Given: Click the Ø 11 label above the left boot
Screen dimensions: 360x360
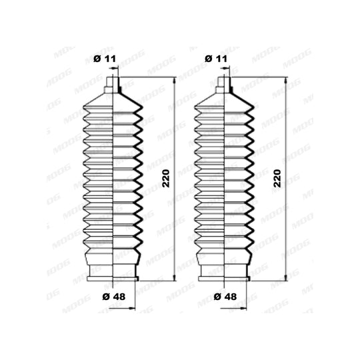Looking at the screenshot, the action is [105, 59].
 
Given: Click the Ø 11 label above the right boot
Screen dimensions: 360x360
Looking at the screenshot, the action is [216, 59].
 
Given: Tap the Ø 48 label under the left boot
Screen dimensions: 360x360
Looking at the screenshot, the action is [114, 297].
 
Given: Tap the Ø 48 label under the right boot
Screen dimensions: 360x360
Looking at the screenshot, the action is [225, 297].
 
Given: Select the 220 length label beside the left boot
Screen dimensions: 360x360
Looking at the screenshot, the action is [166, 179].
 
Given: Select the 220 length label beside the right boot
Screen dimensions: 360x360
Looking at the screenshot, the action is [277, 179].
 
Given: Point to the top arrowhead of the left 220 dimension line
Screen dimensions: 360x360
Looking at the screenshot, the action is [175, 81].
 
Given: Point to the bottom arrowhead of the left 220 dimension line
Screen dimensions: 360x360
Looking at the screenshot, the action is [175, 277].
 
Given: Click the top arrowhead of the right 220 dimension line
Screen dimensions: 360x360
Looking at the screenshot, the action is [286, 81].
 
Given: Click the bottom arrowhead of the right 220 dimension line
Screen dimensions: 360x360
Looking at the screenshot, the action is [286, 277].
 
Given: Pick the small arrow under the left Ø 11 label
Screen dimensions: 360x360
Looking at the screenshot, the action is [113, 68].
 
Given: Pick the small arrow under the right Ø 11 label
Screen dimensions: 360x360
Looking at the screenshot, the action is [225, 68].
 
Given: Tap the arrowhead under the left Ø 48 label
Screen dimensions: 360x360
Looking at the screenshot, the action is [132, 309].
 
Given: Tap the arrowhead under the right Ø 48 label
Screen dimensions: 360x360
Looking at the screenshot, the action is [243, 309].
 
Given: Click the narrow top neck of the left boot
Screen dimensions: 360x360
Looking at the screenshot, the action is [113, 82].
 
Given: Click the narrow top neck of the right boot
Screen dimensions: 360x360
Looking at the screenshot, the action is [224, 82].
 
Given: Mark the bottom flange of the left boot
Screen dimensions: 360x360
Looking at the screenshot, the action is [113, 279].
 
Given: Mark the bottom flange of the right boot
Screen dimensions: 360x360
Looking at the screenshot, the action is [224, 279].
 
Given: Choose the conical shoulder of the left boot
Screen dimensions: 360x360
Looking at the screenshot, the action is [113, 99].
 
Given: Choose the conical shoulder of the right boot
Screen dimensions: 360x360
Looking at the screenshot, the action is [224, 99].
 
